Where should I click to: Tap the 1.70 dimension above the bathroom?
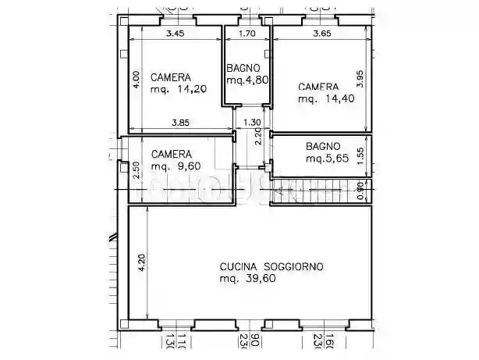246,34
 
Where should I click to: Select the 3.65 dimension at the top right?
322,34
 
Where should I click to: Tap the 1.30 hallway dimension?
252,122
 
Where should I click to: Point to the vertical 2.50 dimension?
136,169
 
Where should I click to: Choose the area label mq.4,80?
247,80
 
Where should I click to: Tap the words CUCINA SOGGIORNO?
271,266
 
